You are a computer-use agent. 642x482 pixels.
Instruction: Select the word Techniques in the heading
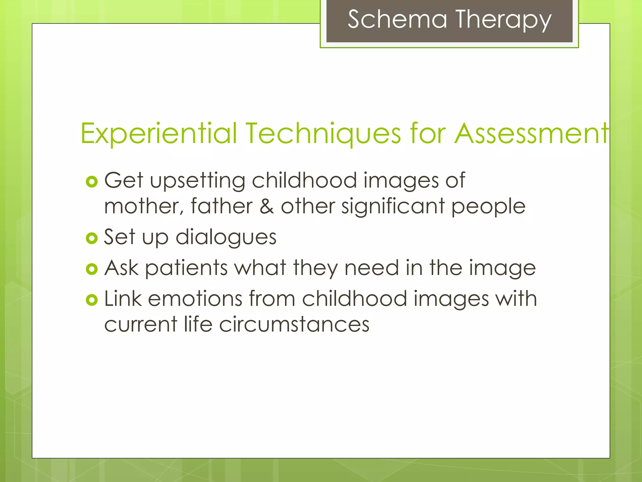point(323,133)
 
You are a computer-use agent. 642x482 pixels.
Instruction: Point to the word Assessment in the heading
point(531,133)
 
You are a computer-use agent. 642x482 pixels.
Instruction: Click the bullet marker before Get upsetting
point(92,182)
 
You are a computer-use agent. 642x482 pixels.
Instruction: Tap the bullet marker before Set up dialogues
point(92,238)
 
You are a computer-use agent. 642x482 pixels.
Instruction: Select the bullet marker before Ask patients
point(92,269)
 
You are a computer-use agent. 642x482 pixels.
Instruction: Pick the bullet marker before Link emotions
point(92,300)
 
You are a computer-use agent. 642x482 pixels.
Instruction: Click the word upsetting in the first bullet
point(197,181)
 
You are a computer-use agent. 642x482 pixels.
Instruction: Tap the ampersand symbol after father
point(266,206)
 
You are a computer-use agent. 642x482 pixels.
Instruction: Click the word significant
point(393,206)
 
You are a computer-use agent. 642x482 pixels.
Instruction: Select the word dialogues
point(226,237)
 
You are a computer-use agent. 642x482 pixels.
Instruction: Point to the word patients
point(186,268)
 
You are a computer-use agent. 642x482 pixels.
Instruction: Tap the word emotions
point(195,299)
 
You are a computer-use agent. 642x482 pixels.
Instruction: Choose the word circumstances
point(294,324)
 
